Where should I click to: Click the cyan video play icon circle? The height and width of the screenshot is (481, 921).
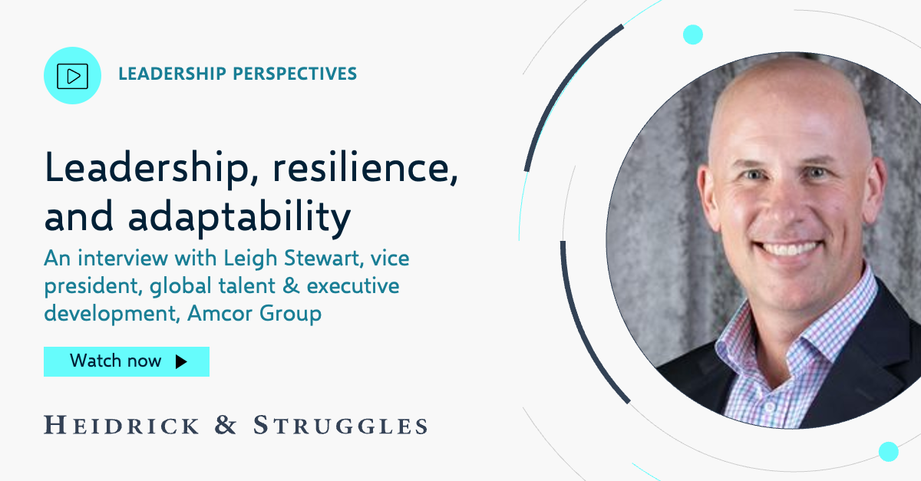pyautogui.click(x=74, y=75)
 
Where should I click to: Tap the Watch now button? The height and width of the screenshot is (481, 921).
pyautogui.click(x=127, y=361)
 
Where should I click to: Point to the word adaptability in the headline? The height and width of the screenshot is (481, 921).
pyautogui.click(x=239, y=217)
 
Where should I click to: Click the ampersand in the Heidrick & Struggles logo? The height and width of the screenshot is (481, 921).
pyautogui.click(x=226, y=425)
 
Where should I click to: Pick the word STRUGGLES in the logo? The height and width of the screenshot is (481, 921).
pyautogui.click(x=340, y=425)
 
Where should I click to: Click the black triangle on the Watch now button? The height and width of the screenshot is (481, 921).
pyautogui.click(x=181, y=361)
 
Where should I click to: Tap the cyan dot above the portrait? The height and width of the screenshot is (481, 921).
pyautogui.click(x=693, y=35)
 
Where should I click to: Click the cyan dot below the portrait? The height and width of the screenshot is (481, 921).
pyautogui.click(x=889, y=451)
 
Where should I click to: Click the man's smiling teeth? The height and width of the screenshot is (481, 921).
pyautogui.click(x=790, y=249)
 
